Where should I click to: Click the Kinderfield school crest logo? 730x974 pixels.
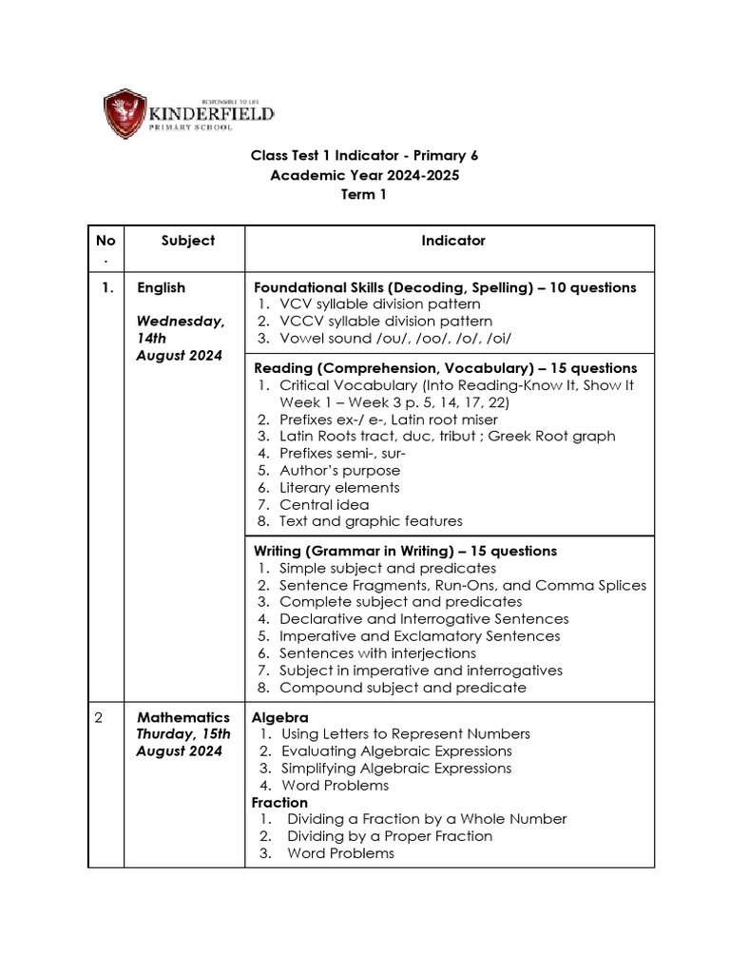(x=125, y=113)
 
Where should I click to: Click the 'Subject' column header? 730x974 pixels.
(x=188, y=241)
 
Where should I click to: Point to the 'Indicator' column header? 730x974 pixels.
(x=452, y=241)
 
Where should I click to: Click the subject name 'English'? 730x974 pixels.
(x=161, y=287)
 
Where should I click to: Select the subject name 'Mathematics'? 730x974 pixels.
(x=183, y=717)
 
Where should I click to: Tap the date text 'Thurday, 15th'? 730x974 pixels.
(x=183, y=734)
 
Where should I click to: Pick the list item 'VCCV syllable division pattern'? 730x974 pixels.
(x=386, y=321)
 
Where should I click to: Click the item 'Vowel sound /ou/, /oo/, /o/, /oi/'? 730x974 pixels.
(x=395, y=339)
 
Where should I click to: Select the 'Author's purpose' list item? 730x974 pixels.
(x=339, y=470)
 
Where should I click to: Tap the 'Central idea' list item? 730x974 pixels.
(x=324, y=504)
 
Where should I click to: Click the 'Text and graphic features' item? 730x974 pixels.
(x=371, y=521)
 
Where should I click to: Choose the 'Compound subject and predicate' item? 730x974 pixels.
(x=402, y=688)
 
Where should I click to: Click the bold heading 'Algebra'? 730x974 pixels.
(x=279, y=717)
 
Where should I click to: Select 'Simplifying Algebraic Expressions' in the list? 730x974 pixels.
(x=394, y=769)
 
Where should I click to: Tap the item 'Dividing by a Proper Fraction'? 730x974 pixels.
(x=390, y=836)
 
